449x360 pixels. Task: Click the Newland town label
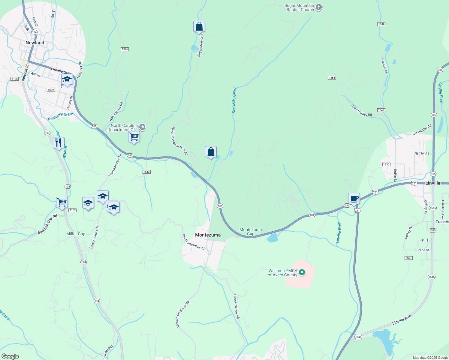pos(35,43)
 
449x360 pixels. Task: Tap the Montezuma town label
pos(208,235)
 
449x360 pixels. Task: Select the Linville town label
pos(433,183)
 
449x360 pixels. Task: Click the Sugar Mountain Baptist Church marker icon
pos(319,7)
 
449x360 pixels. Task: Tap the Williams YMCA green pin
pos(302,272)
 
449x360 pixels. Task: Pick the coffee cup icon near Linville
pos(354,199)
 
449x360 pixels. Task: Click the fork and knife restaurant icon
pos(59,142)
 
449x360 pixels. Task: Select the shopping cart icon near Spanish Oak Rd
pos(62,202)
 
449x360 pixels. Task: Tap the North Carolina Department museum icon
pos(143,127)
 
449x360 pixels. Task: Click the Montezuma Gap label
pos(251,232)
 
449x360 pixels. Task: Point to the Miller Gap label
pos(76,234)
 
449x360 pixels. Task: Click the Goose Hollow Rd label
pos(237,307)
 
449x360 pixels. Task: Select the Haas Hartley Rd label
pos(361,110)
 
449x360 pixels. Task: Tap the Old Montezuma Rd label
pos(194,242)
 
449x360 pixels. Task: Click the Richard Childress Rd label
pos(182,314)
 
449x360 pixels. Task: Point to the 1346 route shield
pos(125,49)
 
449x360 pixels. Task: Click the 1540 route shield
pos(146,172)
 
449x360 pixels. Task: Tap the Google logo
pos(10,356)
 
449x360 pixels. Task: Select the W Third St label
pos(423,153)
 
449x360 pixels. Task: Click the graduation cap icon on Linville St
pos(67,79)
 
